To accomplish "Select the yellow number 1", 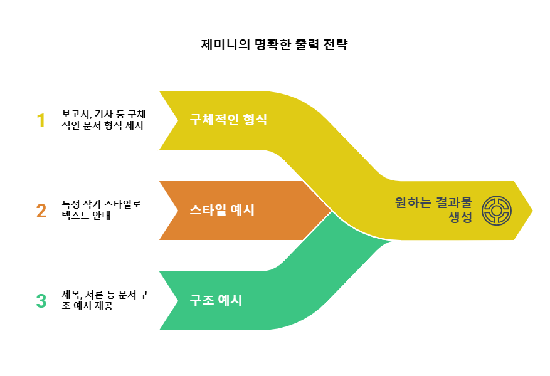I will (x=41, y=120).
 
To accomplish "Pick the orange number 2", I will (x=41, y=211).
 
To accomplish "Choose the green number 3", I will (x=41, y=301).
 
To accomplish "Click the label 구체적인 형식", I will (x=228, y=120).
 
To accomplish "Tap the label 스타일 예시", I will (x=222, y=210).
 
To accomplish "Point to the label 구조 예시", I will (x=216, y=300).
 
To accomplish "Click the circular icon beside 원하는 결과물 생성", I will (x=497, y=210).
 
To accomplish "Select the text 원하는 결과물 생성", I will (x=433, y=210).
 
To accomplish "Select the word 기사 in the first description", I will (x=102, y=115).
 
